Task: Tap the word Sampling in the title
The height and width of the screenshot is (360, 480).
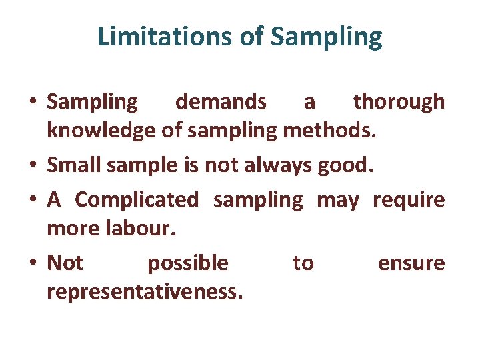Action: (x=327, y=38)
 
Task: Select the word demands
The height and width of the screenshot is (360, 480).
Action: (x=221, y=102)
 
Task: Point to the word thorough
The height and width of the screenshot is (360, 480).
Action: (x=399, y=102)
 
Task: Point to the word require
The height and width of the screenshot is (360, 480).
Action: (x=409, y=199)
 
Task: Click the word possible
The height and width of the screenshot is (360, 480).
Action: (x=187, y=263)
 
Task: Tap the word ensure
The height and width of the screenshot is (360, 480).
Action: (x=411, y=263)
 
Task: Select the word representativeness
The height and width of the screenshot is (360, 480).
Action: (x=145, y=293)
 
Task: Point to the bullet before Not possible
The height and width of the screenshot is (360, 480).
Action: (x=33, y=264)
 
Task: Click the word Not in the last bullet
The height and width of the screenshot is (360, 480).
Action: (x=65, y=263)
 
